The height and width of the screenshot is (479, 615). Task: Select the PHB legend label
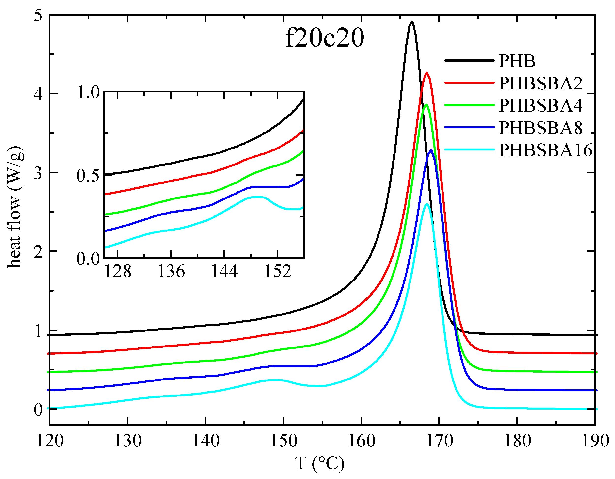click(x=517, y=61)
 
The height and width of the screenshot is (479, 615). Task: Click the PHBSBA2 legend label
click(x=540, y=83)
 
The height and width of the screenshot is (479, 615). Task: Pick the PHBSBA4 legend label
click(x=540, y=105)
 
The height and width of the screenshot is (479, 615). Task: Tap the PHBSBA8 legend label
click(x=540, y=128)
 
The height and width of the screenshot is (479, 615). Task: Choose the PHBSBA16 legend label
click(x=545, y=150)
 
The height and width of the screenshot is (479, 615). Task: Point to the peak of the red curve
click(x=427, y=73)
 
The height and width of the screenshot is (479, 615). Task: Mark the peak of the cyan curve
click(x=427, y=204)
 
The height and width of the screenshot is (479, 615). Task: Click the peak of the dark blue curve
click(x=431, y=150)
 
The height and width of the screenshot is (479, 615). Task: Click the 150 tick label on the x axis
click(x=284, y=440)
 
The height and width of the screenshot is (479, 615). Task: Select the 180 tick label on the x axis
click(x=517, y=440)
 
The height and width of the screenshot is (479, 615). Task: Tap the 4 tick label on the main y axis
click(x=38, y=94)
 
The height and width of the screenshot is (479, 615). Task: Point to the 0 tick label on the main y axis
click(x=38, y=409)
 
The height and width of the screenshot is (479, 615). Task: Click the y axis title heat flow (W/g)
click(x=15, y=207)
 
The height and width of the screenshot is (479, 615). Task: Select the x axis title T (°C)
click(x=320, y=463)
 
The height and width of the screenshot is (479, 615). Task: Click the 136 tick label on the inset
click(x=171, y=272)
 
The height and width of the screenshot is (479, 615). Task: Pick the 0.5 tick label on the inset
click(x=88, y=176)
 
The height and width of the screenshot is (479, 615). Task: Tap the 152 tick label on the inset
click(x=278, y=272)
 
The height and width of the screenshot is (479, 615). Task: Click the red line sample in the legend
click(x=469, y=83)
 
